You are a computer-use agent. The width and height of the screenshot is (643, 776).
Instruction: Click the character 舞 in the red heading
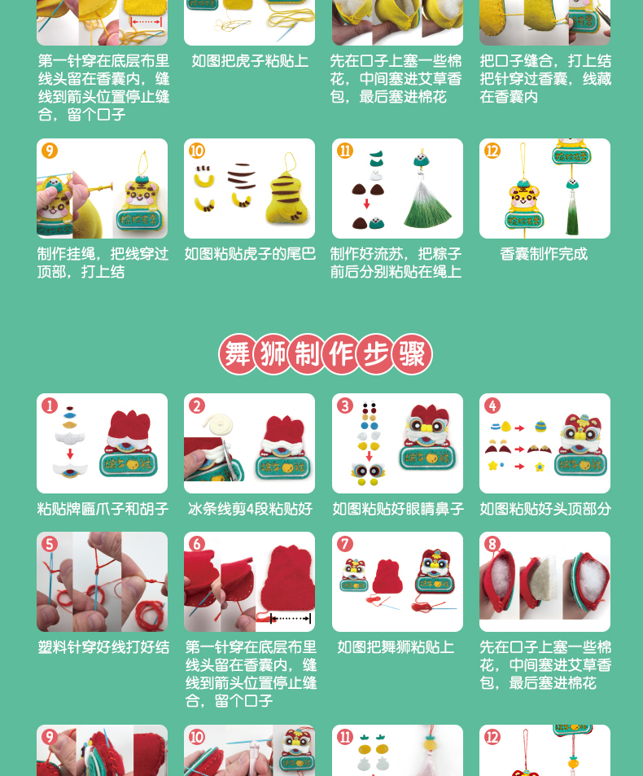(238, 354)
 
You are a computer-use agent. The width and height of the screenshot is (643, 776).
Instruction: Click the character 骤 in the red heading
(412, 354)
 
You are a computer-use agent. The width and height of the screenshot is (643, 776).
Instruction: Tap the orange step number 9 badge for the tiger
(50, 151)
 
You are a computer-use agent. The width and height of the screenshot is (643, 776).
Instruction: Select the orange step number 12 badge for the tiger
(492, 151)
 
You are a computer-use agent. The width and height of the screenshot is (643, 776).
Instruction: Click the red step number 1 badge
(50, 406)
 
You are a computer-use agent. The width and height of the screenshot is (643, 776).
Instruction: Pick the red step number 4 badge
(492, 406)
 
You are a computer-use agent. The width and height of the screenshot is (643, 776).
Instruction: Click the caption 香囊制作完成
(544, 254)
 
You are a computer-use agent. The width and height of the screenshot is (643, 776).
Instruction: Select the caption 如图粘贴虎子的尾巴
(250, 254)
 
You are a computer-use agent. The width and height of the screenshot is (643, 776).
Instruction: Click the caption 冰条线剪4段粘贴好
(250, 509)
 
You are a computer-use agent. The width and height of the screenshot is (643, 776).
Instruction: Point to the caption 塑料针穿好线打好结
(103, 647)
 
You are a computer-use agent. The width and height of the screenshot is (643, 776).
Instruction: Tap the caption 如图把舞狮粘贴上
(396, 647)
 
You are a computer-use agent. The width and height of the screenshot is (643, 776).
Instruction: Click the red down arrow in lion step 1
(70, 454)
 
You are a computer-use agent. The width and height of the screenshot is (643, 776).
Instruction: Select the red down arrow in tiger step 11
(366, 204)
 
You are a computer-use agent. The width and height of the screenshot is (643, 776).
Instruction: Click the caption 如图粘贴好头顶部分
(545, 509)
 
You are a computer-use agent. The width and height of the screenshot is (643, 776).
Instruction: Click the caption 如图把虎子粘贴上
(250, 61)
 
